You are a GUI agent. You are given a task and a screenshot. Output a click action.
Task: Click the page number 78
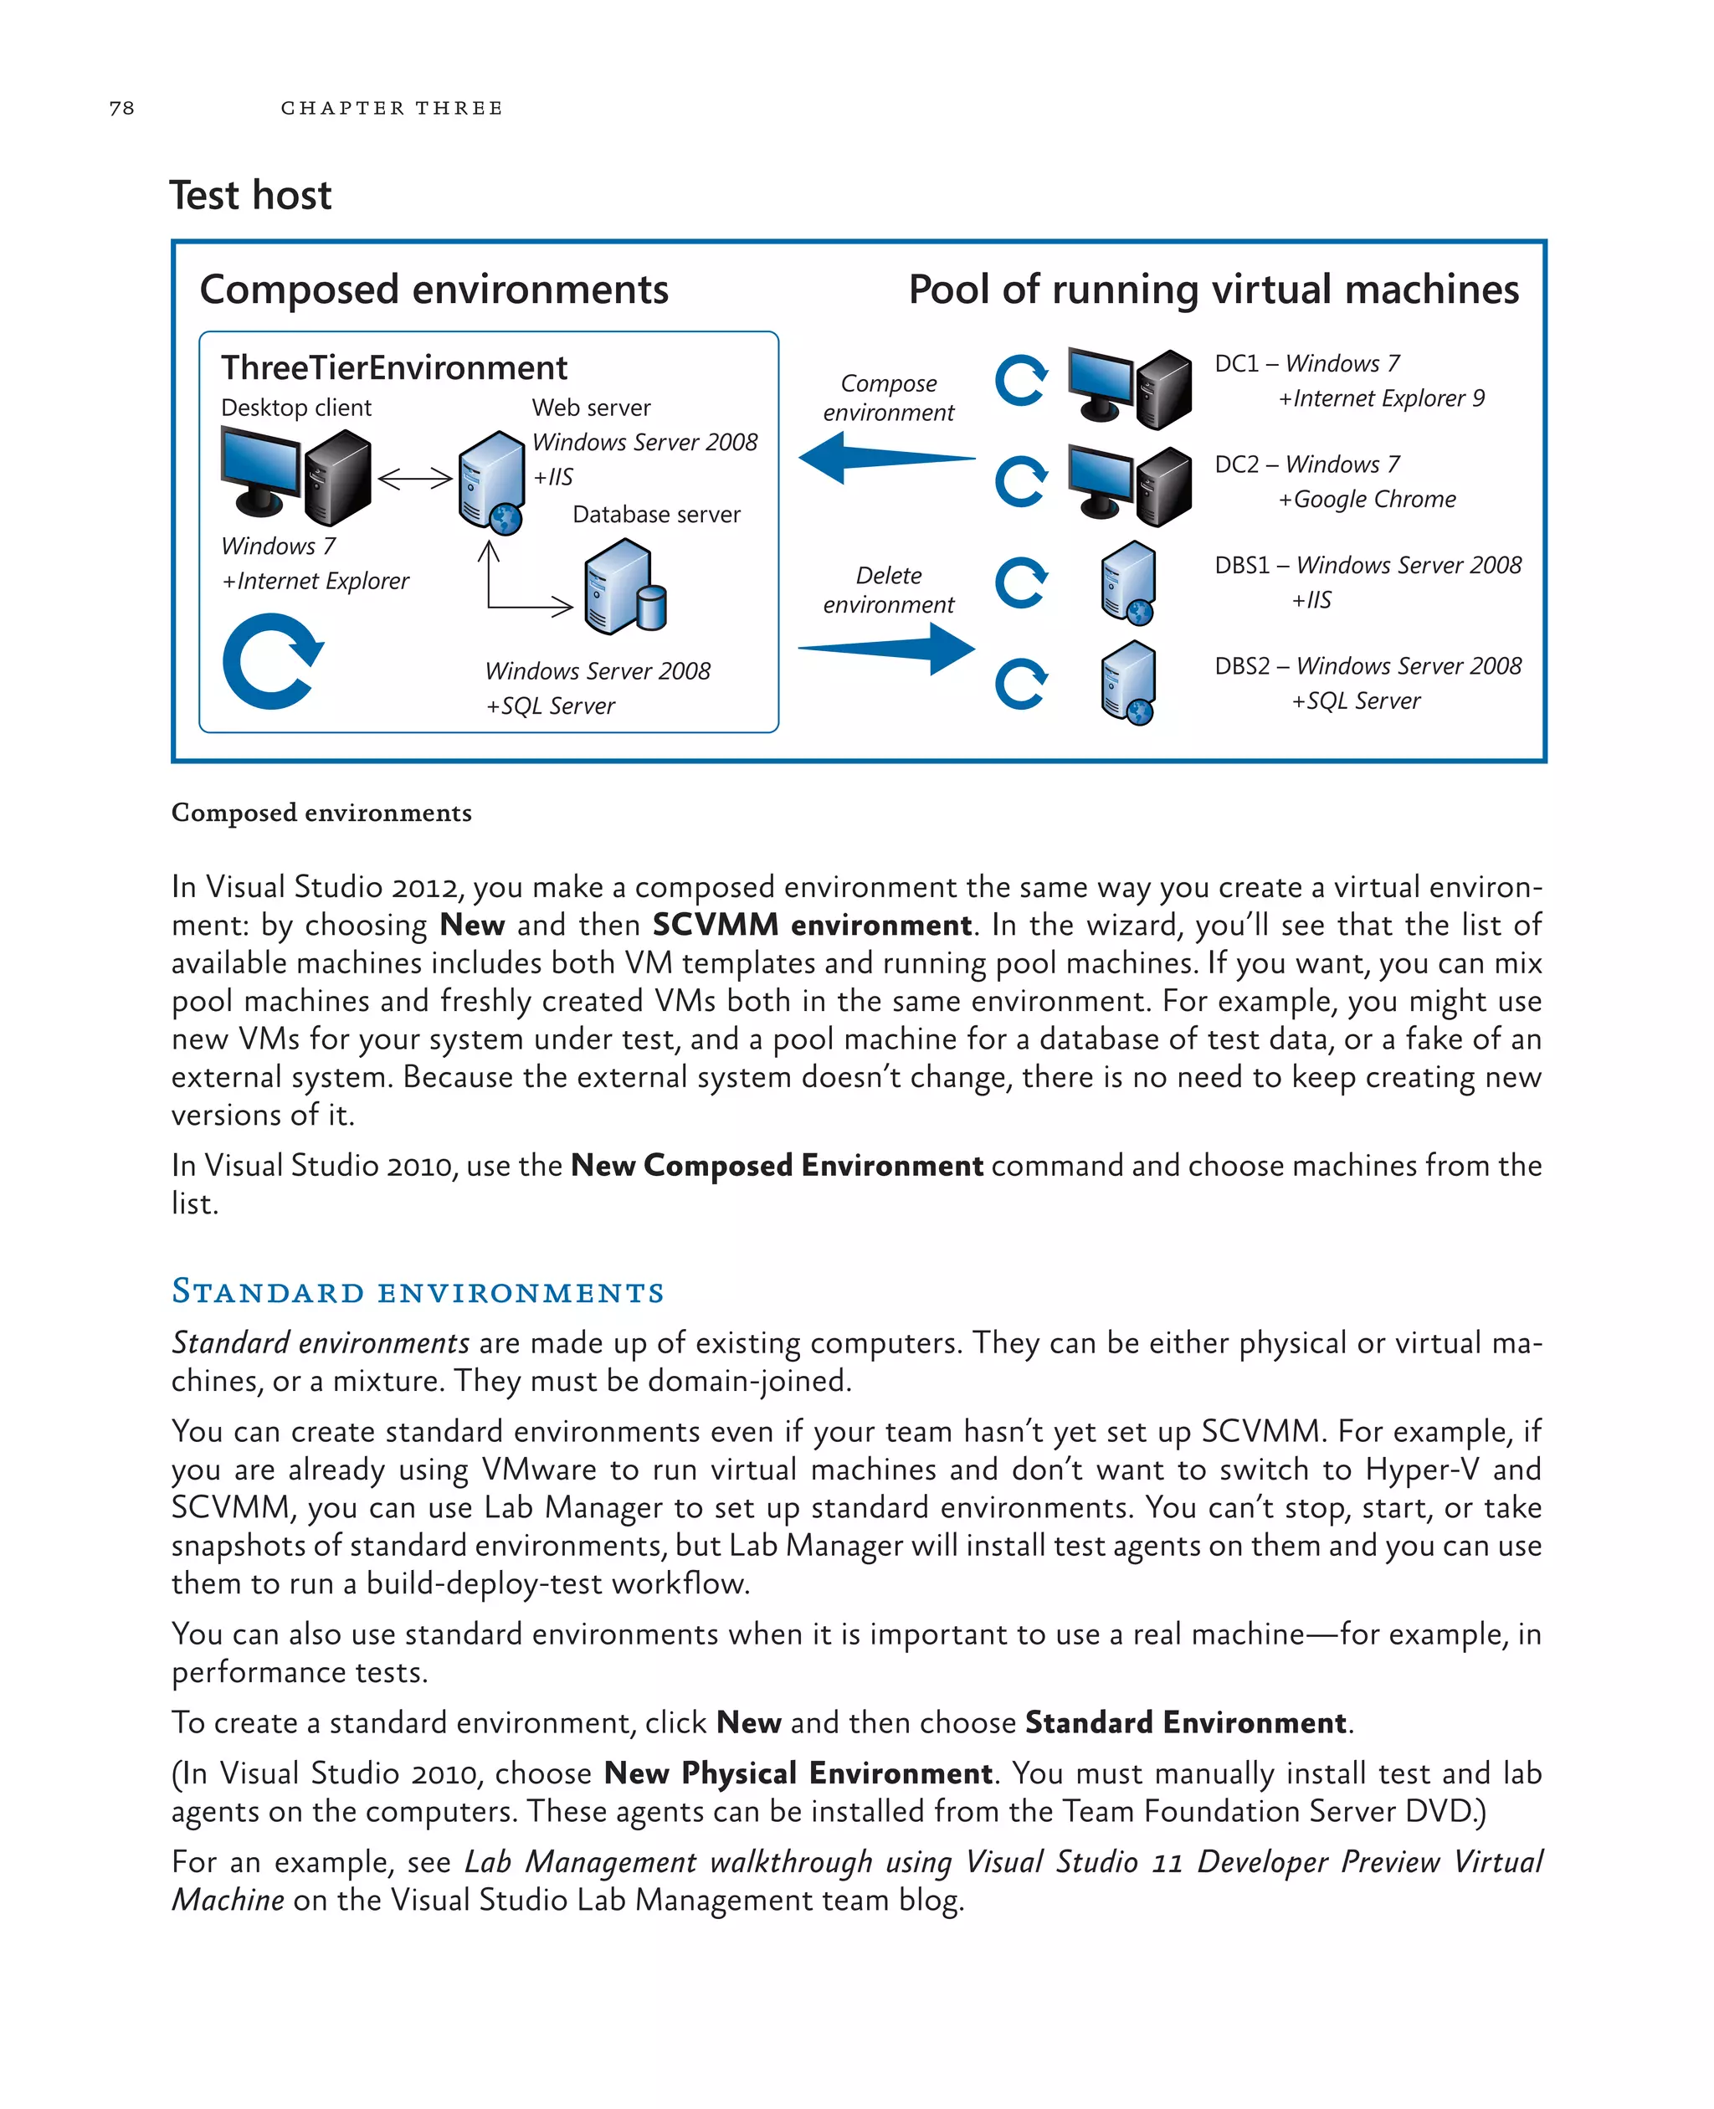[x=121, y=108]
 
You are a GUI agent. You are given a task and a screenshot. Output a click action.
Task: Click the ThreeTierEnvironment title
[x=394, y=367]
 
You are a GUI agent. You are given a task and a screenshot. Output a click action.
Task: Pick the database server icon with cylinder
[x=625, y=588]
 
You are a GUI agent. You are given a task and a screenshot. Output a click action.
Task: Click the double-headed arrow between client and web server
[x=414, y=480]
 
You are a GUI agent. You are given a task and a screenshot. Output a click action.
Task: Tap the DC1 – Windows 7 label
[x=1306, y=363]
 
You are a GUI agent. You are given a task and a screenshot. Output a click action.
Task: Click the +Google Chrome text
[x=1367, y=500]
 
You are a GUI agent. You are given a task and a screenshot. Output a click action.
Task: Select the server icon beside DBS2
[x=1128, y=682]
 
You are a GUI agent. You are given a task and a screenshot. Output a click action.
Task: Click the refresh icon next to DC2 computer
[x=1021, y=482]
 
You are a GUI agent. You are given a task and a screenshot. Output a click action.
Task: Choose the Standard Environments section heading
[x=418, y=1291]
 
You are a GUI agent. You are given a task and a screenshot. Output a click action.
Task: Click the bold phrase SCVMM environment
[x=812, y=925]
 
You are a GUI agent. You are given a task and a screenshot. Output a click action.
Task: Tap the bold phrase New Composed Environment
[x=776, y=1166]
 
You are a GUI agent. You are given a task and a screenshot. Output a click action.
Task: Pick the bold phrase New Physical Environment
[x=798, y=1773]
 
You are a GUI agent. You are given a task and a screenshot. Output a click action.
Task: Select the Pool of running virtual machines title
[x=1213, y=290]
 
